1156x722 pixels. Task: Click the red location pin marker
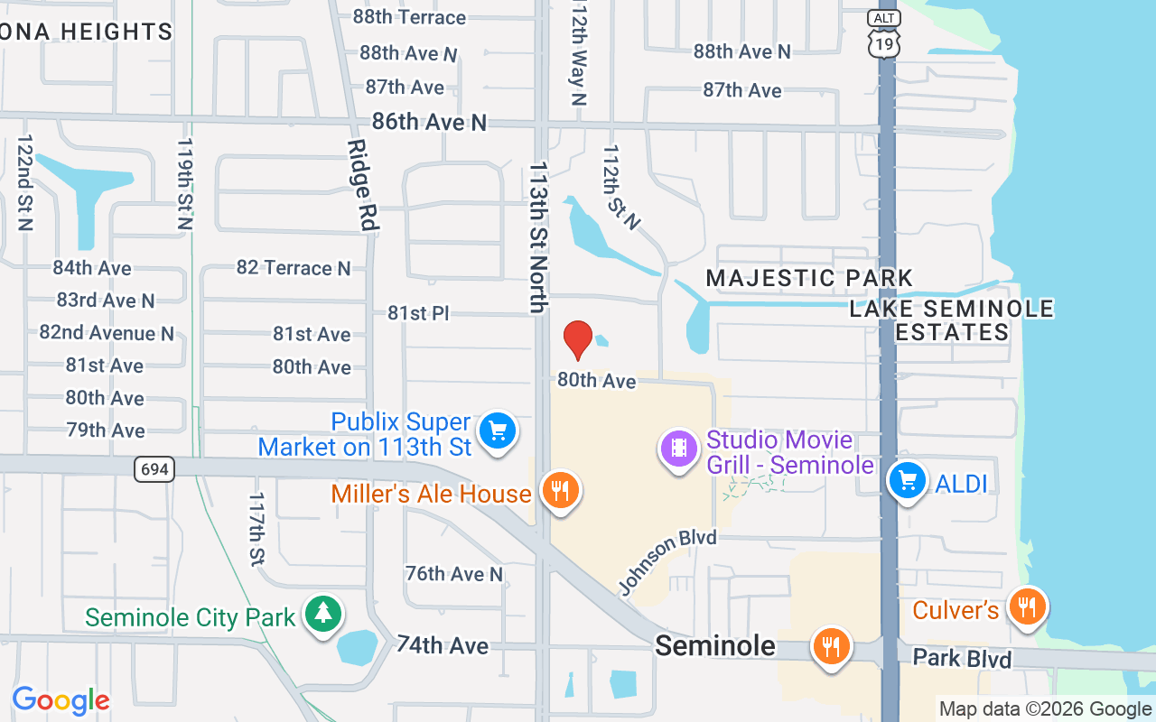[x=578, y=339]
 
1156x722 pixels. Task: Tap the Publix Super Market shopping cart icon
[x=497, y=430]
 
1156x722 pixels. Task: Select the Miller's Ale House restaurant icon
[x=560, y=491]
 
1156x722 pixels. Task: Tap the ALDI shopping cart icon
[x=908, y=480]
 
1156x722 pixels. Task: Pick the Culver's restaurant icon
[x=1027, y=606]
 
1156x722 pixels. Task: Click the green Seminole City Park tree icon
[x=322, y=614]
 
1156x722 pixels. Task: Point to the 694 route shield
[x=154, y=468]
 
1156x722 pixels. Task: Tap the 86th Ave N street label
[x=429, y=122]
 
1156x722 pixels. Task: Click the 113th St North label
[x=539, y=236]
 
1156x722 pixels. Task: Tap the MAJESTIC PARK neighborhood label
[x=809, y=278]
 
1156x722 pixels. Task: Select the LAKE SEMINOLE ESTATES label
[x=952, y=320]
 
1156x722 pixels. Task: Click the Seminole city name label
[x=715, y=645]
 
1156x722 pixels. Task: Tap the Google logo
[x=61, y=700]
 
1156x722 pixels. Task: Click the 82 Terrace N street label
[x=294, y=268]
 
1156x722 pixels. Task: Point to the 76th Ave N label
[x=454, y=574]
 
